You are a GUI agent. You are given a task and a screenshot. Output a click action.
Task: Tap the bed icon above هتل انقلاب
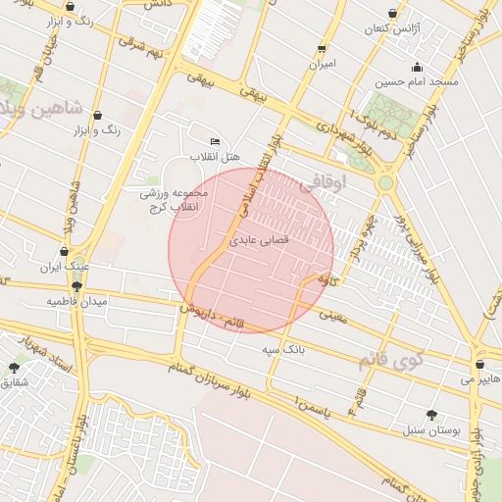(215, 142)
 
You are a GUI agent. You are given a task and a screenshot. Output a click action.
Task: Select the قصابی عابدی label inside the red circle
(257, 238)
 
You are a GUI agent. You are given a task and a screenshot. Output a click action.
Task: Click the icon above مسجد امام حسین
(418, 68)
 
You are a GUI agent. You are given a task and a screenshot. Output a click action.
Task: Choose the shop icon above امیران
(322, 49)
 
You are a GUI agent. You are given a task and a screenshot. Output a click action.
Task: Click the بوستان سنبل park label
(431, 429)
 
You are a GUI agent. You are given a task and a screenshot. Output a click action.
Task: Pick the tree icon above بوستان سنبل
(431, 415)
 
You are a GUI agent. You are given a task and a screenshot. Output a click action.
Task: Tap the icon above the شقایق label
(14, 367)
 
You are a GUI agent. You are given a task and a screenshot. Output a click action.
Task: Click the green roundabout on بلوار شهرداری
(385, 182)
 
